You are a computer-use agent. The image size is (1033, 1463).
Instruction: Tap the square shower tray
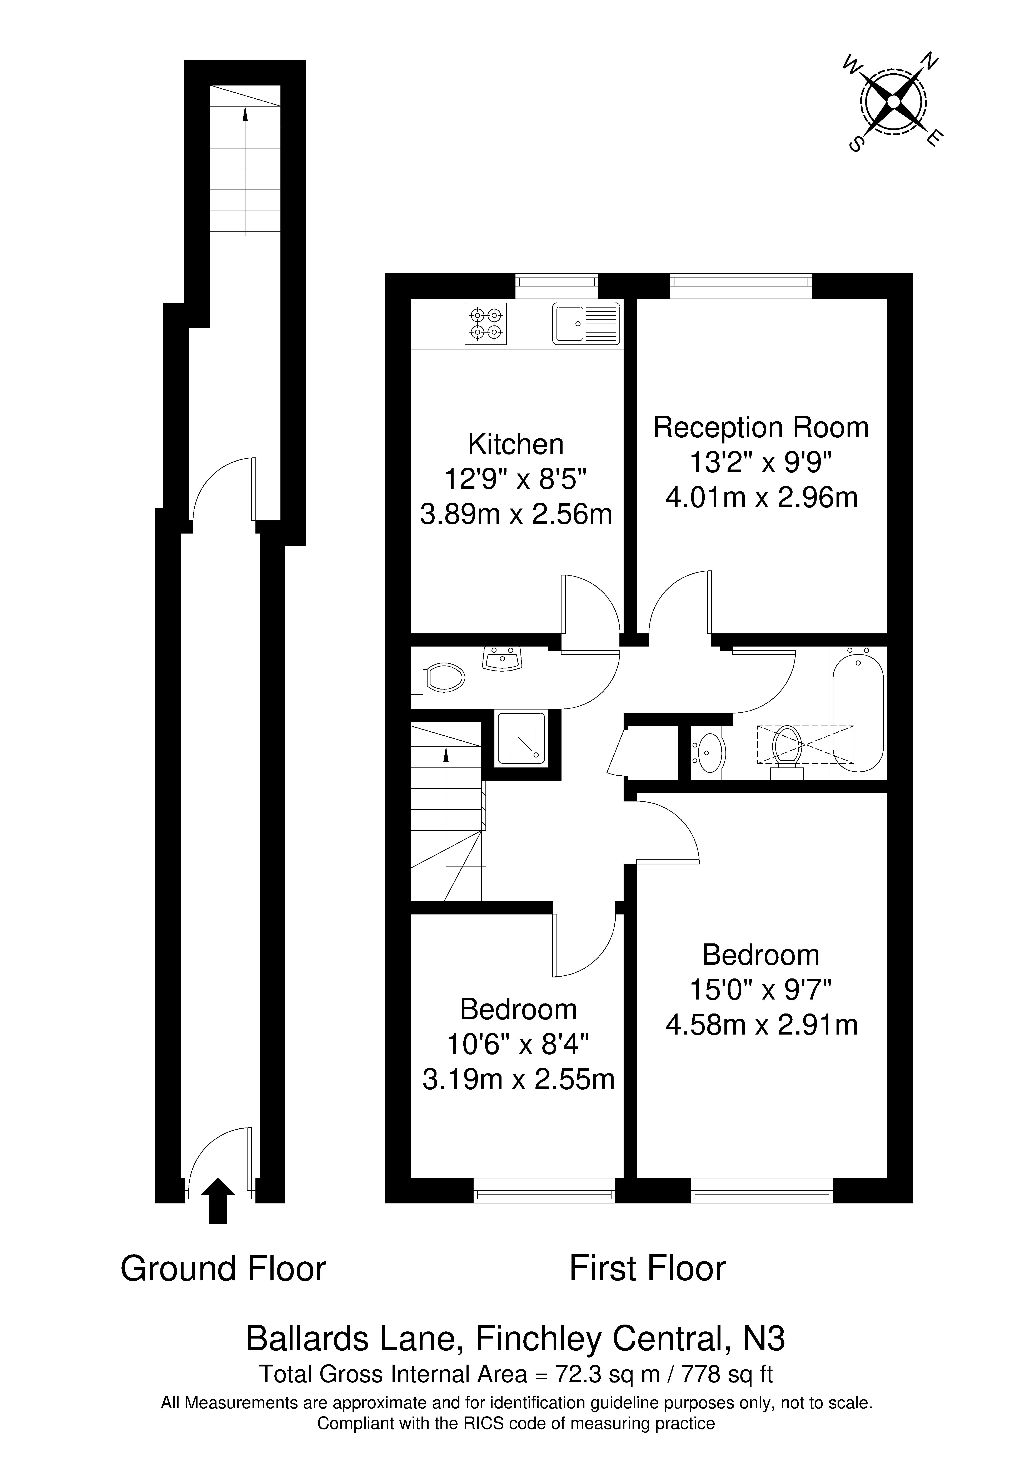(521, 738)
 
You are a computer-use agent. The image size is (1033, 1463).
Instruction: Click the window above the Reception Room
(741, 286)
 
